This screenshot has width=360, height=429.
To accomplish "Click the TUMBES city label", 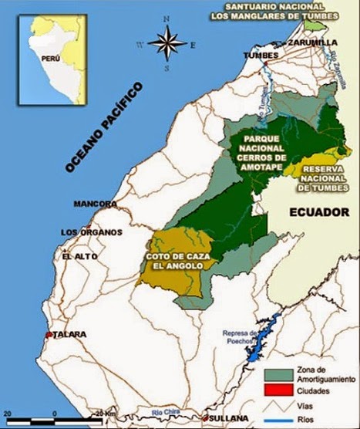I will (259, 56).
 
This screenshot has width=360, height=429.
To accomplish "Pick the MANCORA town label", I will (94, 204).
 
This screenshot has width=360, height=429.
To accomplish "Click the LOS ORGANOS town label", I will (91, 232).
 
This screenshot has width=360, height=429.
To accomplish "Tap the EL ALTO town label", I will (78, 257).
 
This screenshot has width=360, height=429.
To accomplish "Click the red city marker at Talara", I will (49, 335).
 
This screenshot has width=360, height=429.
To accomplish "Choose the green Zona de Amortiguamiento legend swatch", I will (278, 373).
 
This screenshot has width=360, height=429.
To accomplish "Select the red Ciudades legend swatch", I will (278, 391).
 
